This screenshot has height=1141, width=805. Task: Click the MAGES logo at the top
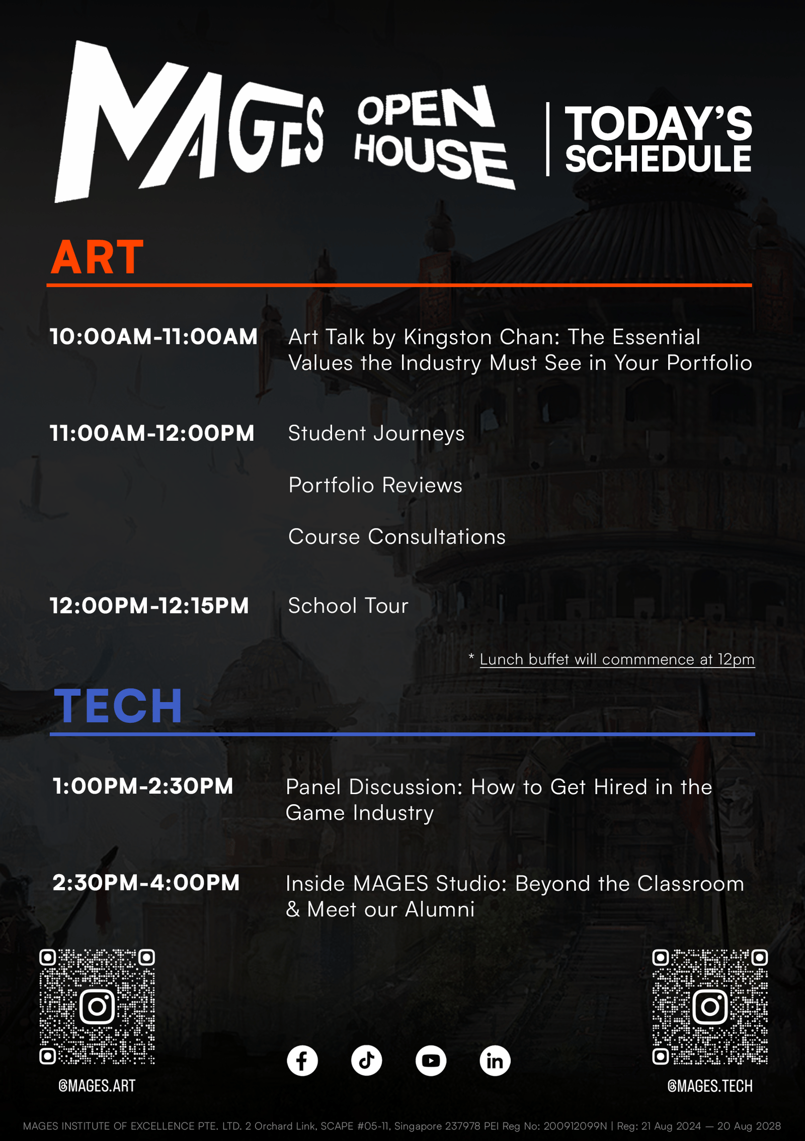(x=189, y=122)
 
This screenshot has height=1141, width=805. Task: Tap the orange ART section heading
(x=98, y=257)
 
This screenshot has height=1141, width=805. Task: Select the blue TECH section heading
(x=118, y=706)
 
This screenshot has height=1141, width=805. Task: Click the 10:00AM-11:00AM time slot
(x=153, y=337)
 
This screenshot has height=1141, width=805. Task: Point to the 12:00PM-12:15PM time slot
(x=149, y=606)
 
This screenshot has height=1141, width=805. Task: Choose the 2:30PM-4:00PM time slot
(x=146, y=883)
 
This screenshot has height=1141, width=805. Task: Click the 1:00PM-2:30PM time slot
(x=143, y=786)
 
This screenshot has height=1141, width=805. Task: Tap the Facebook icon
(x=302, y=1061)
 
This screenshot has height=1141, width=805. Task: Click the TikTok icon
(x=366, y=1061)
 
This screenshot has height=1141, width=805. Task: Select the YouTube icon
(x=431, y=1061)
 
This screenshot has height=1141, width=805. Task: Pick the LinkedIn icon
(x=495, y=1061)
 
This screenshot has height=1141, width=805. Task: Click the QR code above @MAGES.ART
(x=97, y=1007)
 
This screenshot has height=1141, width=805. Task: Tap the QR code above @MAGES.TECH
(x=710, y=1007)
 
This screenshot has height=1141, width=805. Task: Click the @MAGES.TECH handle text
(x=710, y=1086)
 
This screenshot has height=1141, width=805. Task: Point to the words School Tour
(x=348, y=606)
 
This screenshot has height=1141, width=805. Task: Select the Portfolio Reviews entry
(x=375, y=485)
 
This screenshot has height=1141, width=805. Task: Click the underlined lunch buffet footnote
(x=617, y=659)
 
